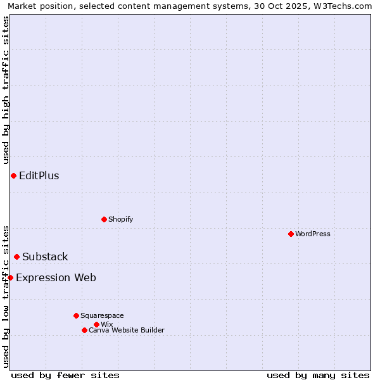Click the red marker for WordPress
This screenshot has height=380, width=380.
click(x=291, y=234)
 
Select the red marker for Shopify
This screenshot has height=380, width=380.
click(x=104, y=219)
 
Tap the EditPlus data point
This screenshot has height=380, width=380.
click(x=13, y=175)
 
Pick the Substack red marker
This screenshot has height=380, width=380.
click(x=16, y=256)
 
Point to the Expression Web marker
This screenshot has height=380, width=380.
click(x=10, y=277)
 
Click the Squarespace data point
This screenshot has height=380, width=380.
click(x=76, y=315)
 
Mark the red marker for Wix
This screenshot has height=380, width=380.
click(x=96, y=324)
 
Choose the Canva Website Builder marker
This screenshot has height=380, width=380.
click(x=84, y=330)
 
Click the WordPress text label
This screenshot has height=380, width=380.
click(x=313, y=234)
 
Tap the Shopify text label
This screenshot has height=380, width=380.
click(x=120, y=219)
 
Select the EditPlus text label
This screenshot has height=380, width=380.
click(x=39, y=175)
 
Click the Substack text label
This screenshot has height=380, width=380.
click(x=45, y=256)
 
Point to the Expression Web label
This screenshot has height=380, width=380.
click(x=56, y=277)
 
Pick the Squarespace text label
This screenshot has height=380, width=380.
click(x=102, y=315)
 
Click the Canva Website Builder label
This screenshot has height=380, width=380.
click(x=126, y=330)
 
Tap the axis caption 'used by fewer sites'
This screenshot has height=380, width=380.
click(x=65, y=375)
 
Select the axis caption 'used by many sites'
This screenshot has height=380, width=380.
click(x=318, y=375)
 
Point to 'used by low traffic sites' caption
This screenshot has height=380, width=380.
click(x=6, y=296)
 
